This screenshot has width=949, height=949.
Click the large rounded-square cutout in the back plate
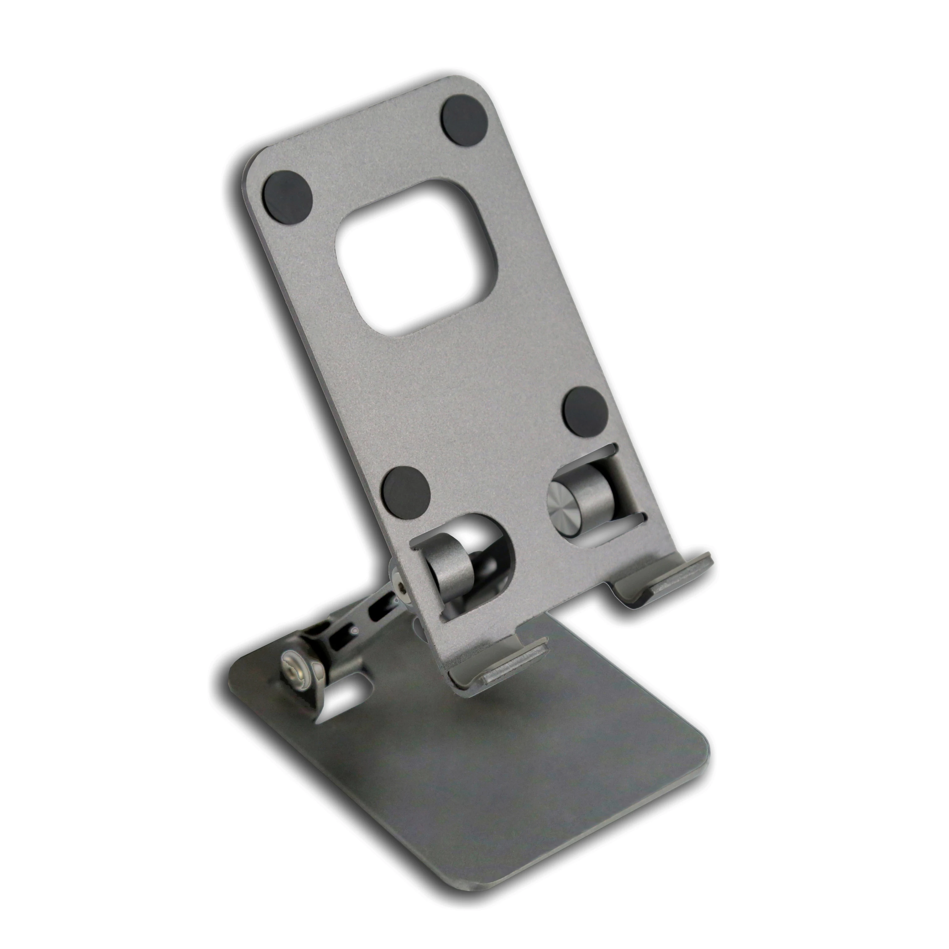point(415,258)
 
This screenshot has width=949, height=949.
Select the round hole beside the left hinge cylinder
point(491,550)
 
